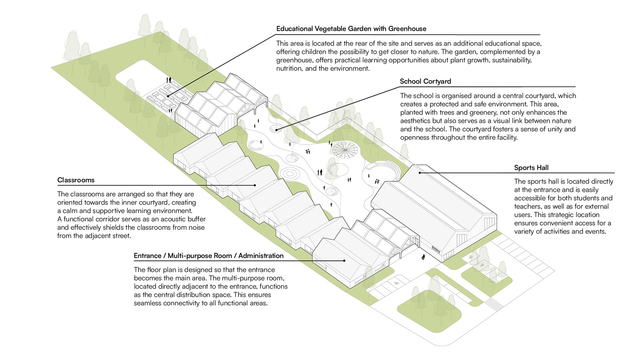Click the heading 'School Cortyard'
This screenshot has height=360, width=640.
(x=425, y=81)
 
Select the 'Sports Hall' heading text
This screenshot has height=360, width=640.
(x=531, y=168)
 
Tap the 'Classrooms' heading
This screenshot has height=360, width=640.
(x=76, y=180)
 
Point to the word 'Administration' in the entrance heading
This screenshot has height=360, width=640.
(x=261, y=256)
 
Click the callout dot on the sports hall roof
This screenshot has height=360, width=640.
(x=420, y=173)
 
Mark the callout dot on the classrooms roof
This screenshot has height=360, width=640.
(x=255, y=185)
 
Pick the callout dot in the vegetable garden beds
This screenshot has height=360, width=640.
(x=168, y=96)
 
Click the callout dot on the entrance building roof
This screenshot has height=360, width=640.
(x=344, y=261)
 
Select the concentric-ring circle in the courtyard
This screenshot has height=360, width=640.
(x=289, y=174)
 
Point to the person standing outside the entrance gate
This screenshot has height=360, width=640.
(x=423, y=257)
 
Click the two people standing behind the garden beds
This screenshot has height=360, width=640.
(x=169, y=80)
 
